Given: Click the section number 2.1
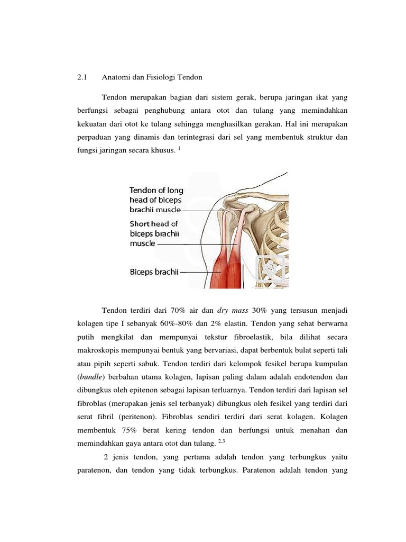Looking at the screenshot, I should click(81, 77).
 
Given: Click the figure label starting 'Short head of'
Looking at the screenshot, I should click(154, 224).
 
